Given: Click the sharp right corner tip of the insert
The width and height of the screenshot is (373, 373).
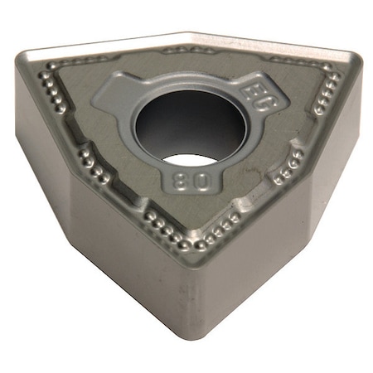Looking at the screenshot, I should (x=357, y=58).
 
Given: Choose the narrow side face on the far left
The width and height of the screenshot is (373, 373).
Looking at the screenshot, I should (x=33, y=124).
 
